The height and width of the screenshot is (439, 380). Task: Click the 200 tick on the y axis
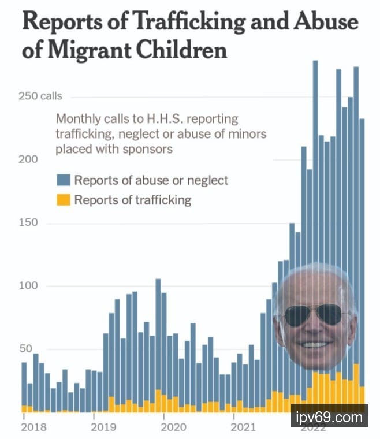pyautogui.click(x=30, y=159)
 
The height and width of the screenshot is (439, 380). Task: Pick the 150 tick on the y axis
pyautogui.click(x=30, y=223)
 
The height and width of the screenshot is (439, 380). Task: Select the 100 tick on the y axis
pyautogui.click(x=30, y=286)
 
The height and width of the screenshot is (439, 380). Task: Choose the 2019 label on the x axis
pyautogui.click(x=103, y=428)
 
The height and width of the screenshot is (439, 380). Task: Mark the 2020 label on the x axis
pyautogui.click(x=173, y=428)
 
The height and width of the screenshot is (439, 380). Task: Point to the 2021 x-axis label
pyautogui.click(x=243, y=428)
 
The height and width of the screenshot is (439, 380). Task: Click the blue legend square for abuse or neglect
pyautogui.click(x=63, y=180)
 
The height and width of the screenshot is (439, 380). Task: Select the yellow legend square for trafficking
pyautogui.click(x=63, y=200)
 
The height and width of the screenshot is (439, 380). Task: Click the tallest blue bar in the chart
pyautogui.click(x=315, y=173)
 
